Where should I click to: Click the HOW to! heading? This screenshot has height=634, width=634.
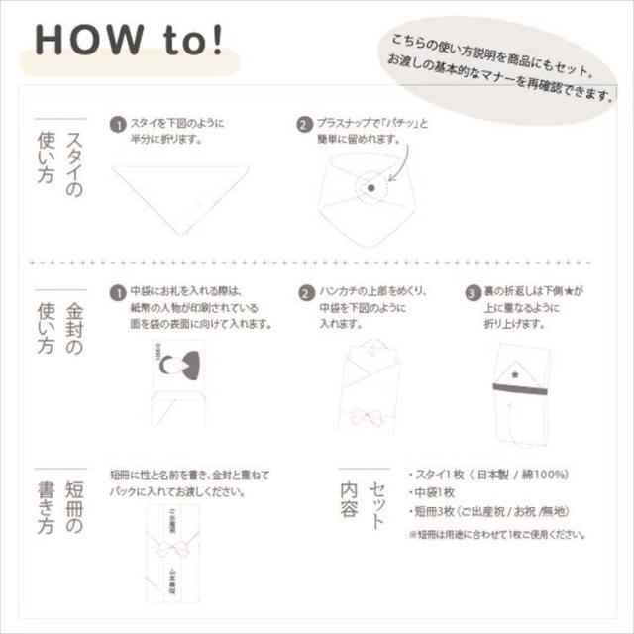point(130,43)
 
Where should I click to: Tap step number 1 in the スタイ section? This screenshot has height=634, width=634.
point(117,126)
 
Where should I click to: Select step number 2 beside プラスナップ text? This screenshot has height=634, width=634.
point(304,126)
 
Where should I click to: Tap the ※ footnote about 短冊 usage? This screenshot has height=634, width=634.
point(495,534)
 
